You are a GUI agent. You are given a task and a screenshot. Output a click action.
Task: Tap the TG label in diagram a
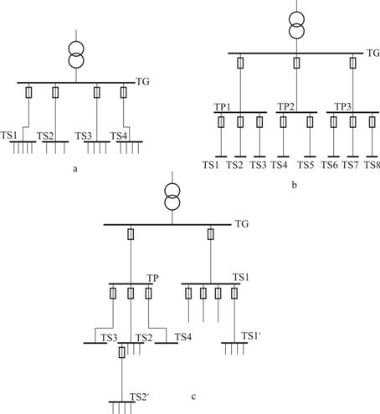[x=142, y=82]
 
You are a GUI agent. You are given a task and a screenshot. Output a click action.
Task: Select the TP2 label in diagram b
[x=285, y=106]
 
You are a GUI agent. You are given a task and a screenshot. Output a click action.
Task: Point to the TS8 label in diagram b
[x=372, y=165]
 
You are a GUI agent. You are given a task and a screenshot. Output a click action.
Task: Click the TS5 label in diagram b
[x=306, y=165]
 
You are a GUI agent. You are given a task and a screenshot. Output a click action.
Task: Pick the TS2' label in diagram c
[x=140, y=397]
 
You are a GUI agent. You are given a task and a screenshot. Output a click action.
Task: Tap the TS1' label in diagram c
[x=251, y=336]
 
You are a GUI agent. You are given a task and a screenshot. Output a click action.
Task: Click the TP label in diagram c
[x=152, y=278]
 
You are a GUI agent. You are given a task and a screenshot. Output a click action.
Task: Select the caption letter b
[x=294, y=185]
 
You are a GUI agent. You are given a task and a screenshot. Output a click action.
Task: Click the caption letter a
[x=74, y=169]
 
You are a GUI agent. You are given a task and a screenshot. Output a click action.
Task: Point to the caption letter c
[x=193, y=396]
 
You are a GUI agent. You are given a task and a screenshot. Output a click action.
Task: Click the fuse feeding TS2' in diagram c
[x=121, y=352]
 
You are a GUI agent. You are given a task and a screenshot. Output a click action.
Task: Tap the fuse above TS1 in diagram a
[x=28, y=92]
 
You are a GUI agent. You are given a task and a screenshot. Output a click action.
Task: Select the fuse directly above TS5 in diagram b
[x=310, y=122]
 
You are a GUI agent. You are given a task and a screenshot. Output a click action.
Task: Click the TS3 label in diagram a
[x=83, y=136]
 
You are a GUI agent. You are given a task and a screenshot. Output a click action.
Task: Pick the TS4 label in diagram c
[x=183, y=337]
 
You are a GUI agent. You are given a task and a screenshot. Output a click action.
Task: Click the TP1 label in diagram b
[x=223, y=107]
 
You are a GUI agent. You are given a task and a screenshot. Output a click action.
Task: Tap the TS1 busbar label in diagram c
[x=241, y=278]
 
